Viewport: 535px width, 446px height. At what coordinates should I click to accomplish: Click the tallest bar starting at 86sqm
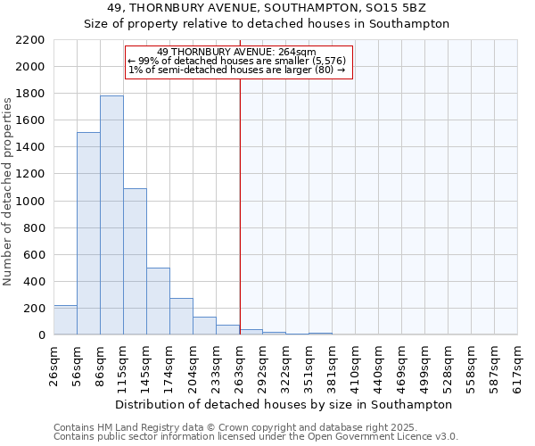(111, 215)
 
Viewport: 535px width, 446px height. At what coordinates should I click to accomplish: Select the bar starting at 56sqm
(88, 234)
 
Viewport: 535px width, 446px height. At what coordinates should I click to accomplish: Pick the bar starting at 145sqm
(158, 301)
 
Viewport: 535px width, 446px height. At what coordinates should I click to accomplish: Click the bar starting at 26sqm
(65, 320)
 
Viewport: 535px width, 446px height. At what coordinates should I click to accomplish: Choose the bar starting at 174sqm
(181, 317)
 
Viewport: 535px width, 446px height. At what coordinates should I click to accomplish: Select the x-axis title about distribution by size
(284, 404)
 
